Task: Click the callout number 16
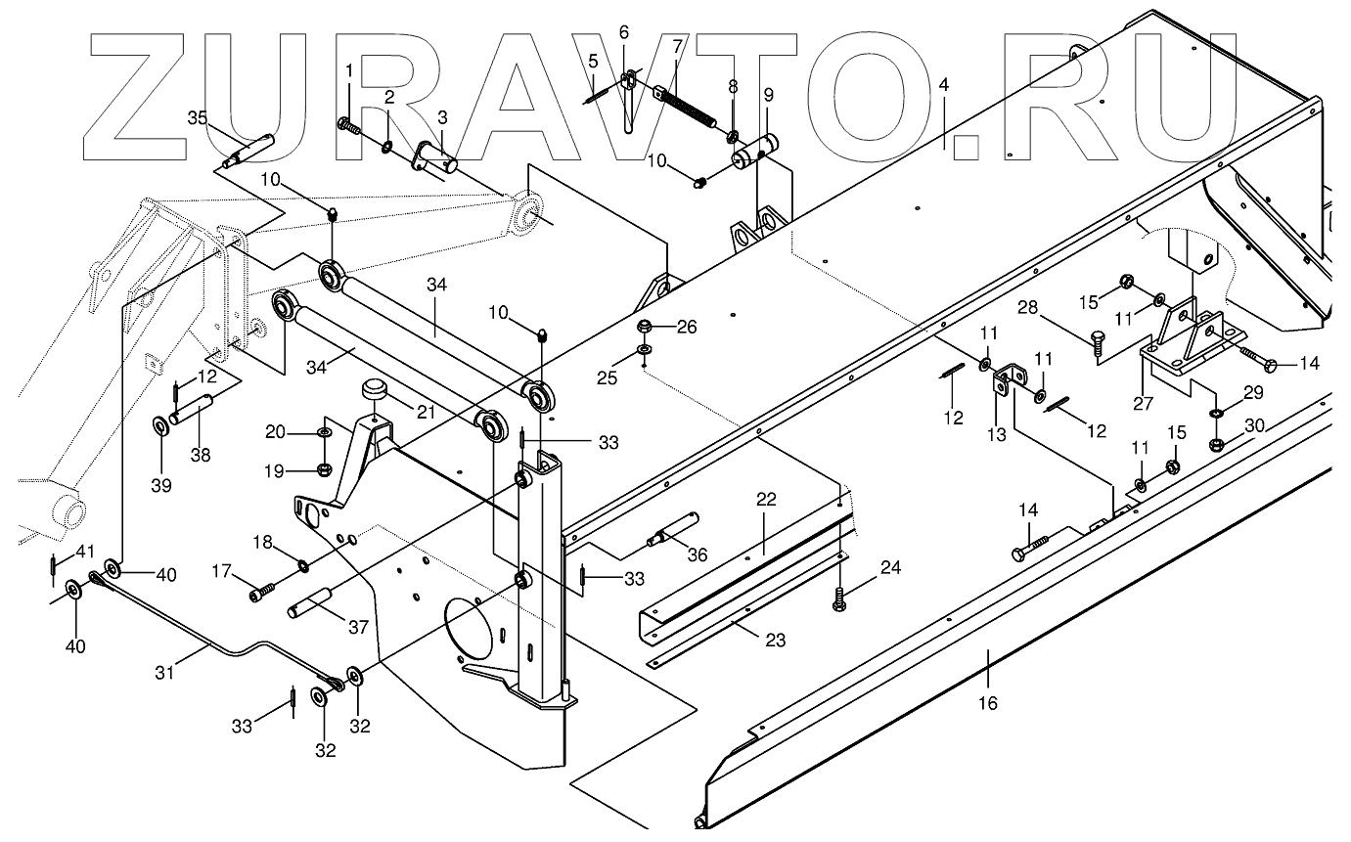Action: [988, 702]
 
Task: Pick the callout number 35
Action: [198, 117]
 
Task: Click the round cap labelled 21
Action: [374, 391]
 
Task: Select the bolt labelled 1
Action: [347, 124]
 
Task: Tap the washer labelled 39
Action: [159, 427]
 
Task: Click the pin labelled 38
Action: [195, 407]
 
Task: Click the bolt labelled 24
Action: [838, 599]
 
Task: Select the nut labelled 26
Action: [646, 327]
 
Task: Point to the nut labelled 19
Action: [326, 467]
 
